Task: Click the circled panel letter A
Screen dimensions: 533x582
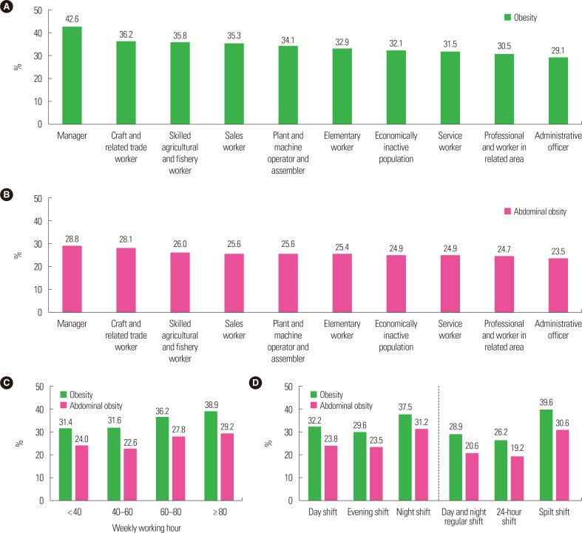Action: point(7,7)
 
